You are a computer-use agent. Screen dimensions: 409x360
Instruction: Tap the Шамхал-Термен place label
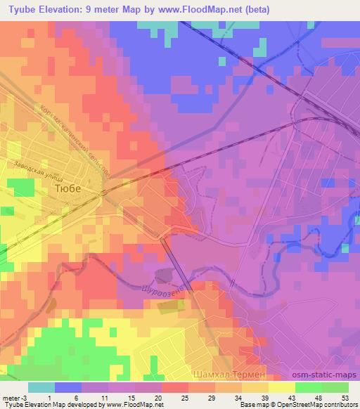(229, 375)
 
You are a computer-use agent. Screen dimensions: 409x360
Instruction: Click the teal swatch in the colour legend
(41, 387)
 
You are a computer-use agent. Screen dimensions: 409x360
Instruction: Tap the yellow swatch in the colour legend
(281, 387)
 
